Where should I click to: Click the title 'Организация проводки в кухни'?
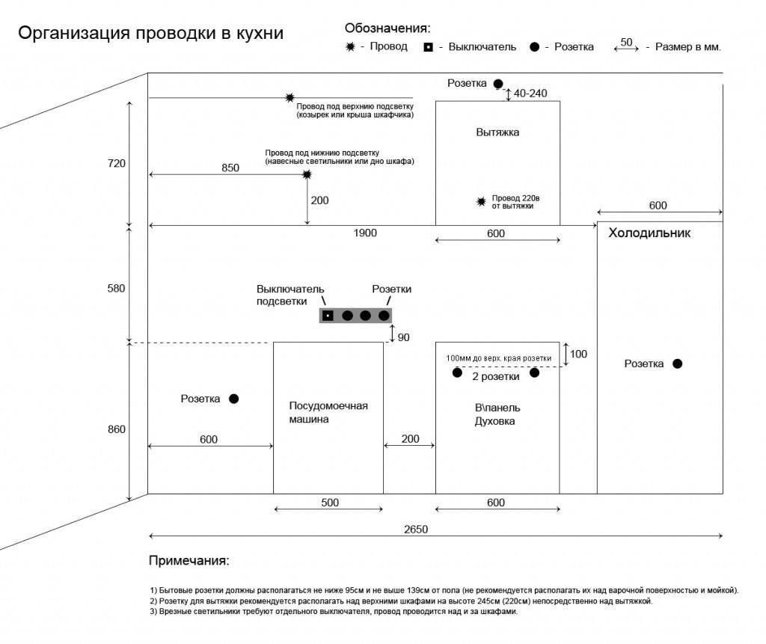tap(150, 34)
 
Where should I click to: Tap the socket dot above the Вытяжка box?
tap(498, 84)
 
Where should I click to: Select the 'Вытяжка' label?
tap(497, 132)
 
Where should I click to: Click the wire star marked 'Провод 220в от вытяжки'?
tap(482, 201)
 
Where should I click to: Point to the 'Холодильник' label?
tap(649, 233)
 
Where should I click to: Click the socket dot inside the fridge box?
tap(677, 364)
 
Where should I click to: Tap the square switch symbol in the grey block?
tap(328, 316)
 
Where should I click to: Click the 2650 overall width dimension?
tap(416, 529)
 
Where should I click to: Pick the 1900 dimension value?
tap(365, 233)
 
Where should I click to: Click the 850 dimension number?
tap(230, 168)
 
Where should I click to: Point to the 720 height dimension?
tap(117, 163)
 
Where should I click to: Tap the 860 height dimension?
tap(117, 429)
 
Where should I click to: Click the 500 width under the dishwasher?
tap(330, 503)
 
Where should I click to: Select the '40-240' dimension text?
tap(532, 93)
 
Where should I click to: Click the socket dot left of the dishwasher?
tap(233, 399)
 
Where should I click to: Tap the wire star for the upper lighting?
tap(289, 98)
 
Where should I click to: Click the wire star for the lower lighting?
tap(307, 174)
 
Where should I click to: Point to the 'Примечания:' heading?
tap(189, 560)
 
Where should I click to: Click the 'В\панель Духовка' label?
tap(497, 414)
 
